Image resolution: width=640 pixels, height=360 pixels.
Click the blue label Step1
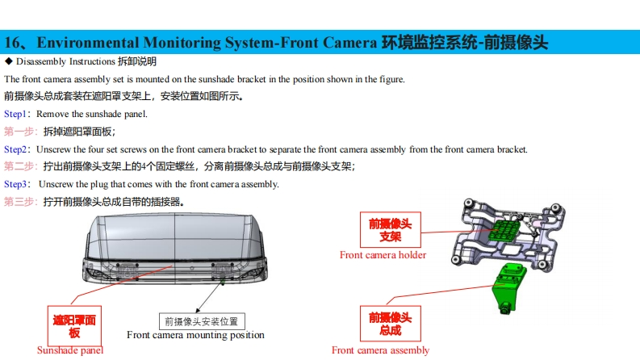pos(15,114)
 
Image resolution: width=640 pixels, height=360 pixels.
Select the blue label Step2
pos(15,149)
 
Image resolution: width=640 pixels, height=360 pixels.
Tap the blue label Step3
pos(15,184)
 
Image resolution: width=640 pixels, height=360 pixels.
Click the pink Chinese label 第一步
pos(19,132)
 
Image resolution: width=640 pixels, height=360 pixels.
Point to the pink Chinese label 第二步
pos(19,166)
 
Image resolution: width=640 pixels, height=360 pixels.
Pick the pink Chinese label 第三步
pos(19,202)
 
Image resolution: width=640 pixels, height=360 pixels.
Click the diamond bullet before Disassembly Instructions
pos(8,61)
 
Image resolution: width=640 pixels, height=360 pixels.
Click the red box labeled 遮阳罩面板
pos(74,326)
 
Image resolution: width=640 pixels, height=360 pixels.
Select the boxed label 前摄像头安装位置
pos(201,320)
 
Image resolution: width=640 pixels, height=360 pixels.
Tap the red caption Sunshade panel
pos(70,350)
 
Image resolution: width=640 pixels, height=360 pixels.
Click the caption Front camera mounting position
pos(195,335)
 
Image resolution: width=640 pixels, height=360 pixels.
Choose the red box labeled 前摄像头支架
pos(391,230)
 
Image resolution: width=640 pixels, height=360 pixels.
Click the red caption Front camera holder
pos(383,255)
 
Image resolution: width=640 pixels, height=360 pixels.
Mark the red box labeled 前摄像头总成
pos(390,324)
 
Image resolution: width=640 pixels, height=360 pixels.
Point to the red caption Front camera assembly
pos(380,350)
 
